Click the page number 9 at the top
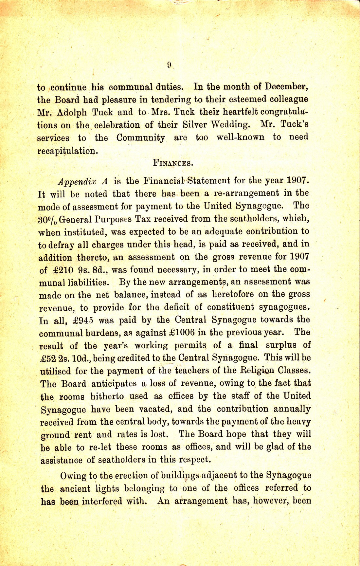pyautogui.click(x=169, y=65)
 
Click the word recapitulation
pyautogui.click(x=67, y=151)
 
